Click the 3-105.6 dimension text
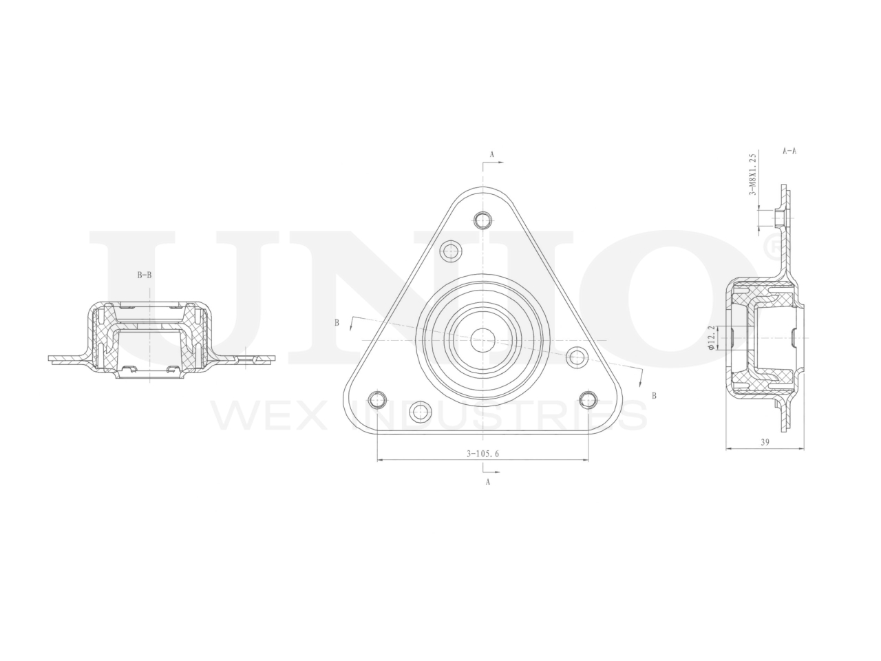[482, 454]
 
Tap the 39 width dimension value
[765, 442]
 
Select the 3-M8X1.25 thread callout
[752, 175]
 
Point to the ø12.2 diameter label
[711, 338]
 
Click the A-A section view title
[789, 151]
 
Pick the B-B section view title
[145, 275]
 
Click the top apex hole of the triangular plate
[483, 220]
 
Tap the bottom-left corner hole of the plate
[377, 399]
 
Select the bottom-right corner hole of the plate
[588, 399]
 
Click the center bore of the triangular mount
[483, 340]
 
